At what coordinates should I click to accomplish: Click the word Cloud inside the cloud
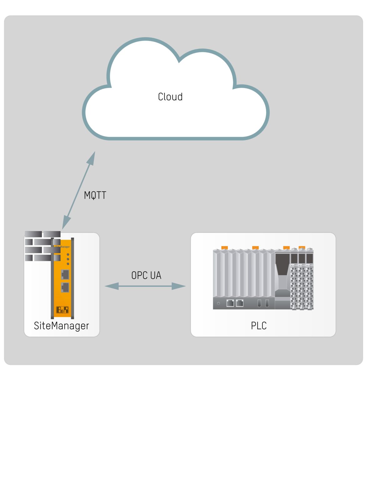170,97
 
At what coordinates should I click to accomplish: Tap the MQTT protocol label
95,195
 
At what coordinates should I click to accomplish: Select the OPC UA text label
146,275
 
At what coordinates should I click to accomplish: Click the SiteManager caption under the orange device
61,326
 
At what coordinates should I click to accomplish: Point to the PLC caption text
259,326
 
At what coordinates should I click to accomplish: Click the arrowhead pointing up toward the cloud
92,157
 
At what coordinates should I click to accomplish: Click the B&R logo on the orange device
62,310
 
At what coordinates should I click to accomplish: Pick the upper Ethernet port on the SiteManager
65,274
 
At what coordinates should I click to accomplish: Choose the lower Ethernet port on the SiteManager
65,287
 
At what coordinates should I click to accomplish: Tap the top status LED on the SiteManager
68,254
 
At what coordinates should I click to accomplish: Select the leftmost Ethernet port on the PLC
230,303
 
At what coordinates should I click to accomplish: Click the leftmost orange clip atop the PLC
224,247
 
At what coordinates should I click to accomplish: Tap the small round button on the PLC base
218,303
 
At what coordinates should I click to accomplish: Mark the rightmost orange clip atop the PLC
302,247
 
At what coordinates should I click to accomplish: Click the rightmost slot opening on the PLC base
267,303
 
